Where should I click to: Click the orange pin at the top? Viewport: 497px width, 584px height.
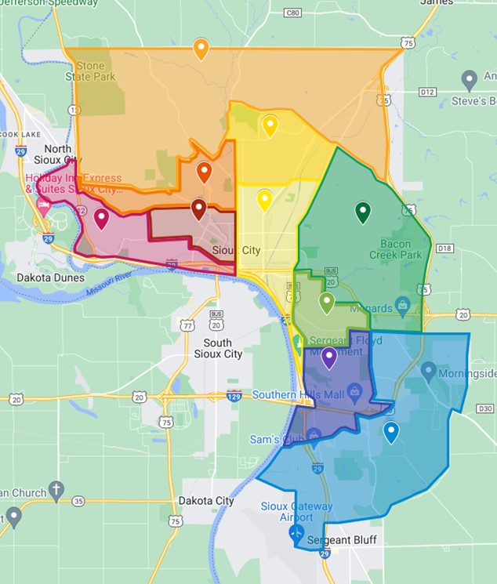coord(201,49)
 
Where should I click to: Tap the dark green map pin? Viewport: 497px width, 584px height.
coord(362,212)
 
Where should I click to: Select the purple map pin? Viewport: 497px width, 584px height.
coord(329,357)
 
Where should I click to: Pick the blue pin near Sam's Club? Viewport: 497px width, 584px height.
coord(390,431)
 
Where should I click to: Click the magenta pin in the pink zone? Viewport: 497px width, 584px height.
coord(101,219)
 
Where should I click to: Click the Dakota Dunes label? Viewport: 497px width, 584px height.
coord(49,277)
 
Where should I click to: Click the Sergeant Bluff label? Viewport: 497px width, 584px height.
coord(343,540)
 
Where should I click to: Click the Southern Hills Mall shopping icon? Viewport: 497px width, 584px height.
coord(354,390)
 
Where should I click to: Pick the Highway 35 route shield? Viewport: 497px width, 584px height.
coord(78,501)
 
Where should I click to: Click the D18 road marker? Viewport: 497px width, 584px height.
coord(445,248)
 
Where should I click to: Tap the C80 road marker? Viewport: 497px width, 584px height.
coord(293,13)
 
